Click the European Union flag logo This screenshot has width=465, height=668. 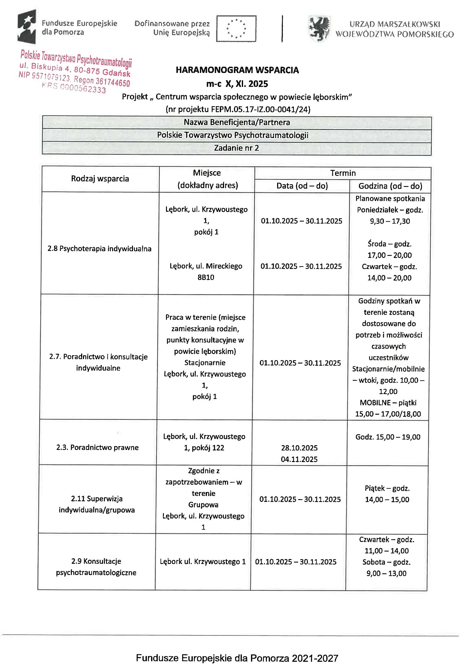click(236, 28)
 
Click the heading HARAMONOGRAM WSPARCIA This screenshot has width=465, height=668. click(237, 70)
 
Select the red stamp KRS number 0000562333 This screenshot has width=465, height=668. click(74, 88)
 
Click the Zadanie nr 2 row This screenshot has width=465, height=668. click(237, 148)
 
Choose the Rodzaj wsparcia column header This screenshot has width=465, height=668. click(100, 179)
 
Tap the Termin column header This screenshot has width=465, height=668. click(343, 173)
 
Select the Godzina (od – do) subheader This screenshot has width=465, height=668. click(390, 186)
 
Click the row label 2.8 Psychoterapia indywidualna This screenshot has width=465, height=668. click(99, 248)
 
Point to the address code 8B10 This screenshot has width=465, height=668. click(206, 277)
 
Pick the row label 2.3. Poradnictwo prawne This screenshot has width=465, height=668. click(97, 447)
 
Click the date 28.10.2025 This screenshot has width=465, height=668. click(299, 448)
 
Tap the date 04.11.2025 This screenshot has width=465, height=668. click(299, 459)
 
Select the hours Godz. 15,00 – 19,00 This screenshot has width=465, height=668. click(388, 437)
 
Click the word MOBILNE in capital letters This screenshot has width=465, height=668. click(375, 403)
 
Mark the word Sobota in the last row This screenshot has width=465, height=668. click(373, 562)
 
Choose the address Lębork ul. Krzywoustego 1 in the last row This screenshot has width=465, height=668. click(203, 562)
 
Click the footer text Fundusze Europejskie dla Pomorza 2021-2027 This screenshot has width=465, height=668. click(237, 658)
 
